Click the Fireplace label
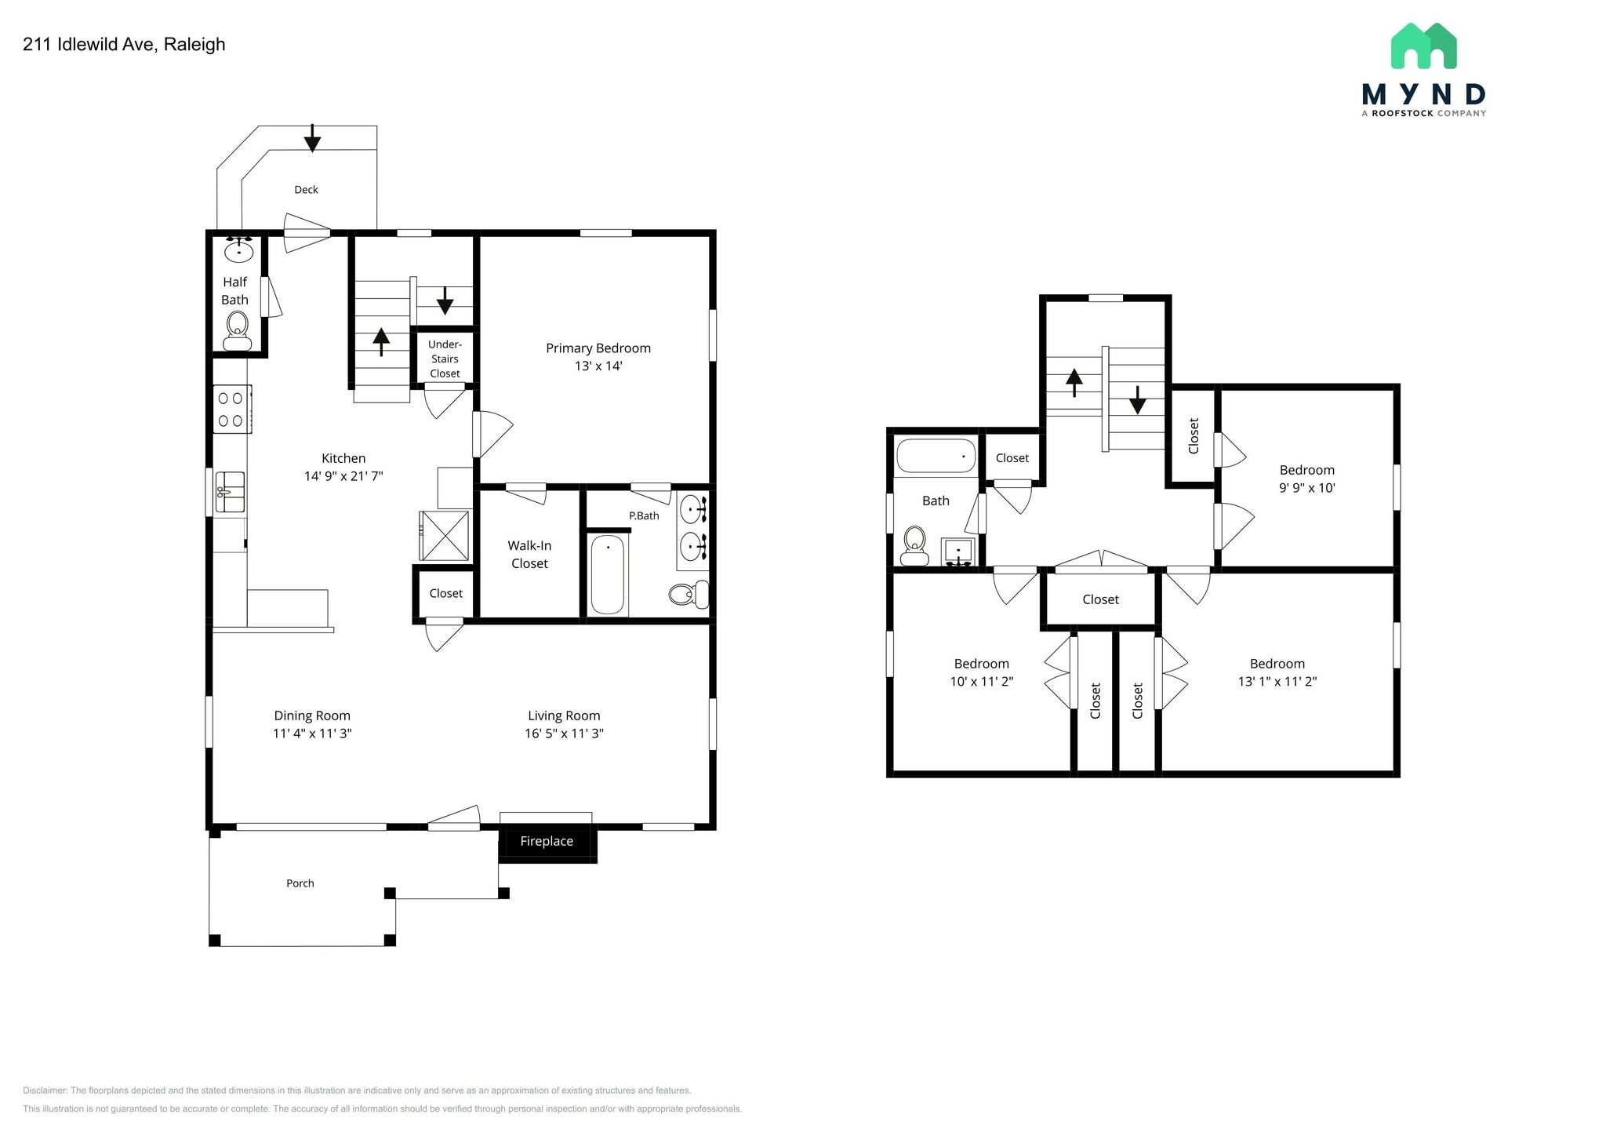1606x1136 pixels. point(547,841)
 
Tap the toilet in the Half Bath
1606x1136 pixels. point(237,330)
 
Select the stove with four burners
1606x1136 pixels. point(232,409)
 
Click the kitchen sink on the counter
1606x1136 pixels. point(231,492)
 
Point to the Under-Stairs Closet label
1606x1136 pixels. point(445,359)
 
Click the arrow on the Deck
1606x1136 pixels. point(312,139)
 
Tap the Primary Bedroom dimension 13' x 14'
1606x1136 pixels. point(598,366)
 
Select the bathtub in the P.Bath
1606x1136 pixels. point(608,575)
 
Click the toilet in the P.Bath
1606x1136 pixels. point(689,594)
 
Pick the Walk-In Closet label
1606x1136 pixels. point(529,554)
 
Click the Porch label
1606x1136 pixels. point(300,883)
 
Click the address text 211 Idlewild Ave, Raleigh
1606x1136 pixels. point(124,45)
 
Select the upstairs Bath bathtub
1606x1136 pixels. point(936,456)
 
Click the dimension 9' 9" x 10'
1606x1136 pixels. point(1306,487)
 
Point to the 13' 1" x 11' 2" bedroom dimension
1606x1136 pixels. point(1277,682)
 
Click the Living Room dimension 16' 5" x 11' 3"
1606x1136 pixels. point(564,734)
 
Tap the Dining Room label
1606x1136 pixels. point(312,715)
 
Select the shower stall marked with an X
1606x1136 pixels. point(445,535)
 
